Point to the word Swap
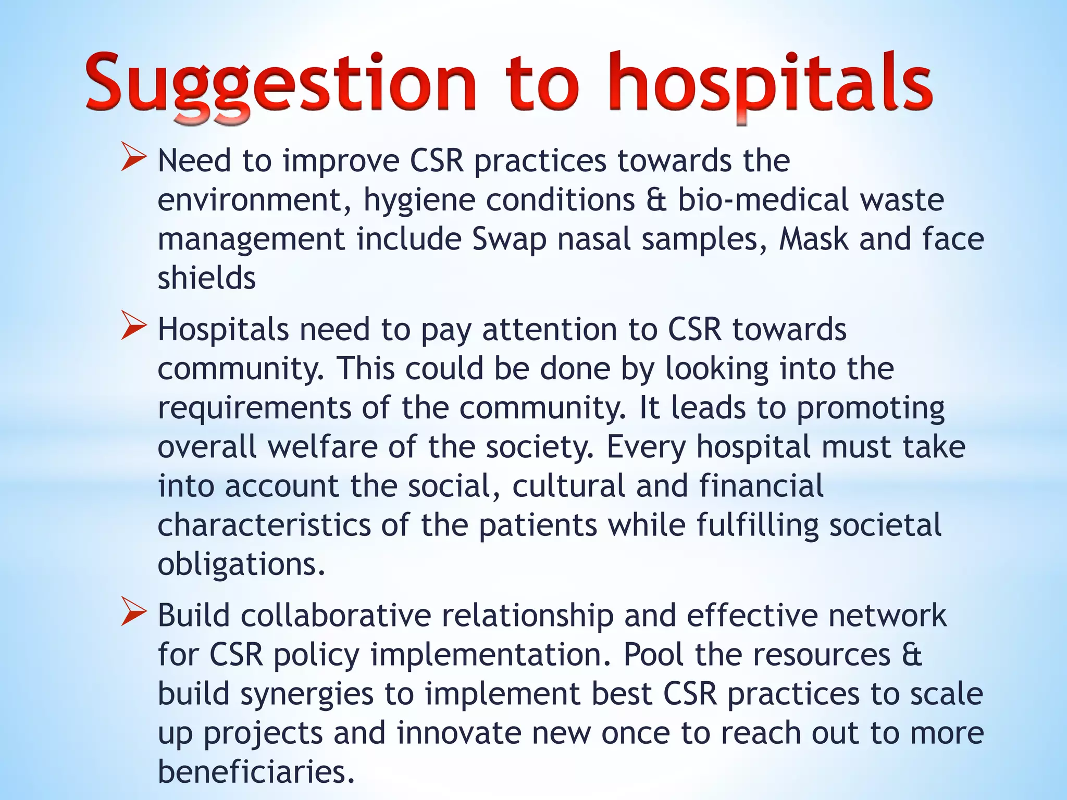point(509,239)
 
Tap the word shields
point(207,278)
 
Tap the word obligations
point(241,565)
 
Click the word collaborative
point(336,615)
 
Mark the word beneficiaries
point(256,772)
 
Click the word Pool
point(653,655)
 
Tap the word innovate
point(459,733)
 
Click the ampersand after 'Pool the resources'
point(912,655)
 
